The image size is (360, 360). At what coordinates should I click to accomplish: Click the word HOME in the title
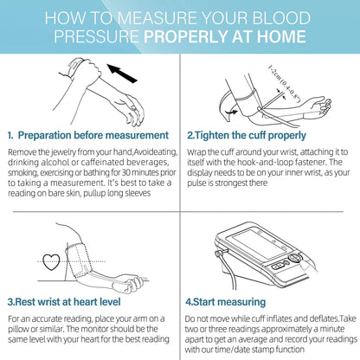281,36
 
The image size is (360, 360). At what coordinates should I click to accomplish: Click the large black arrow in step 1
122,74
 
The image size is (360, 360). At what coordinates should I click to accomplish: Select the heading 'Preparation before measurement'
93,135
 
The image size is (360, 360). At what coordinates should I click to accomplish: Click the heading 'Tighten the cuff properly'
250,136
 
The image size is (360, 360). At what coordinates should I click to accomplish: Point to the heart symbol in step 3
51,262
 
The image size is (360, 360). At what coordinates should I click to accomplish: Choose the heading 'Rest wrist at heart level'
67,302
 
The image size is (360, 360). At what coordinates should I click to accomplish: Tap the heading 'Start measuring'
229,302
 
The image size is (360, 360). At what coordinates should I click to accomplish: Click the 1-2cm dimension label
285,84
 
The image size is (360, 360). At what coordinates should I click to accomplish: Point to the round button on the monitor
294,258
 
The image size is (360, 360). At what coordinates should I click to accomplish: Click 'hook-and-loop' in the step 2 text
259,162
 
